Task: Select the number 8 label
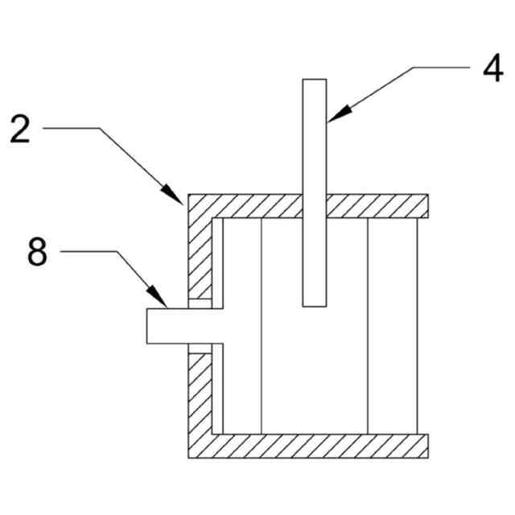[38, 252]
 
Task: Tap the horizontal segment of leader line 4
[442, 68]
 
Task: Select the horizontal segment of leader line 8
[89, 251]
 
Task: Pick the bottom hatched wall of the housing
[322, 445]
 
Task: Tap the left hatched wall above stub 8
[200, 257]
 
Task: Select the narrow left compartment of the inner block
[242, 326]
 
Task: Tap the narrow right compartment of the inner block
[393, 326]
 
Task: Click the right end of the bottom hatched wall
[423, 445]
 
